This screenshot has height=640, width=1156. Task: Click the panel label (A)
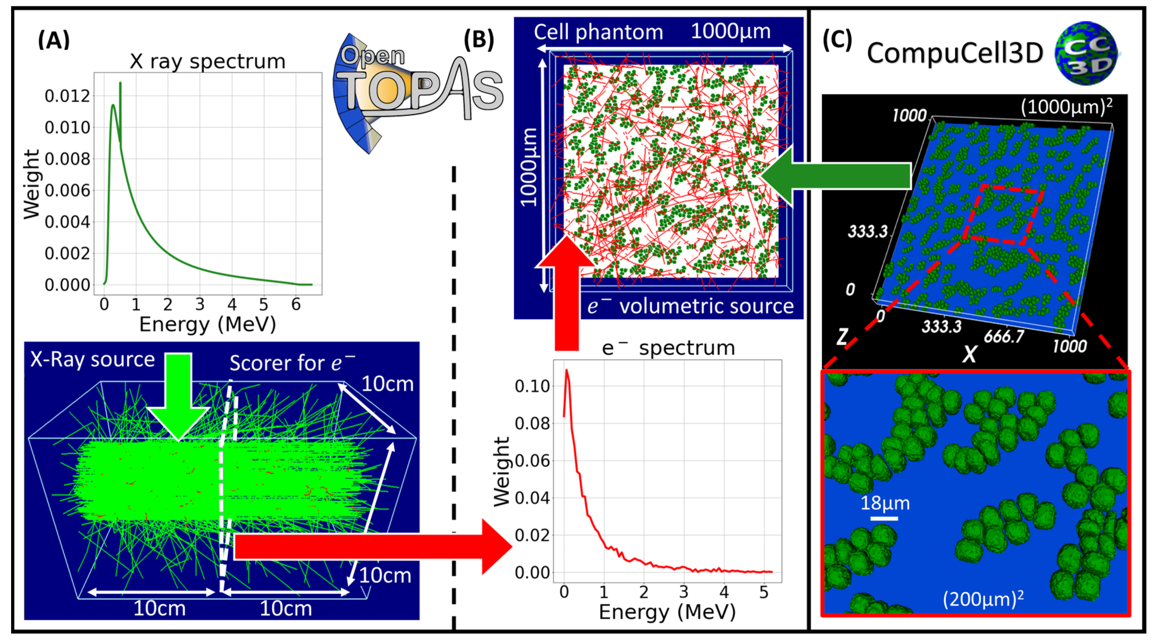(x=54, y=40)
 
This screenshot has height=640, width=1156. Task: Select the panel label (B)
(x=479, y=39)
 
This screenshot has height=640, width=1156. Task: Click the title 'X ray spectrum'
(x=207, y=61)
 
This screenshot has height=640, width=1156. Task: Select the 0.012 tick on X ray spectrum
(x=67, y=96)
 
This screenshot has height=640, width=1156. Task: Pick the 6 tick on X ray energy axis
(x=296, y=305)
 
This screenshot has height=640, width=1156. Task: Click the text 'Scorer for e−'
(x=292, y=363)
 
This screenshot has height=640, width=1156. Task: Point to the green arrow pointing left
(x=835, y=176)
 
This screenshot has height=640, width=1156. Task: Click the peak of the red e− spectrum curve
(x=567, y=371)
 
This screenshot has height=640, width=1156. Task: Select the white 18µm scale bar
(x=884, y=519)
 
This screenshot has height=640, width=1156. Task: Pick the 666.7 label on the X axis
(x=1004, y=336)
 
